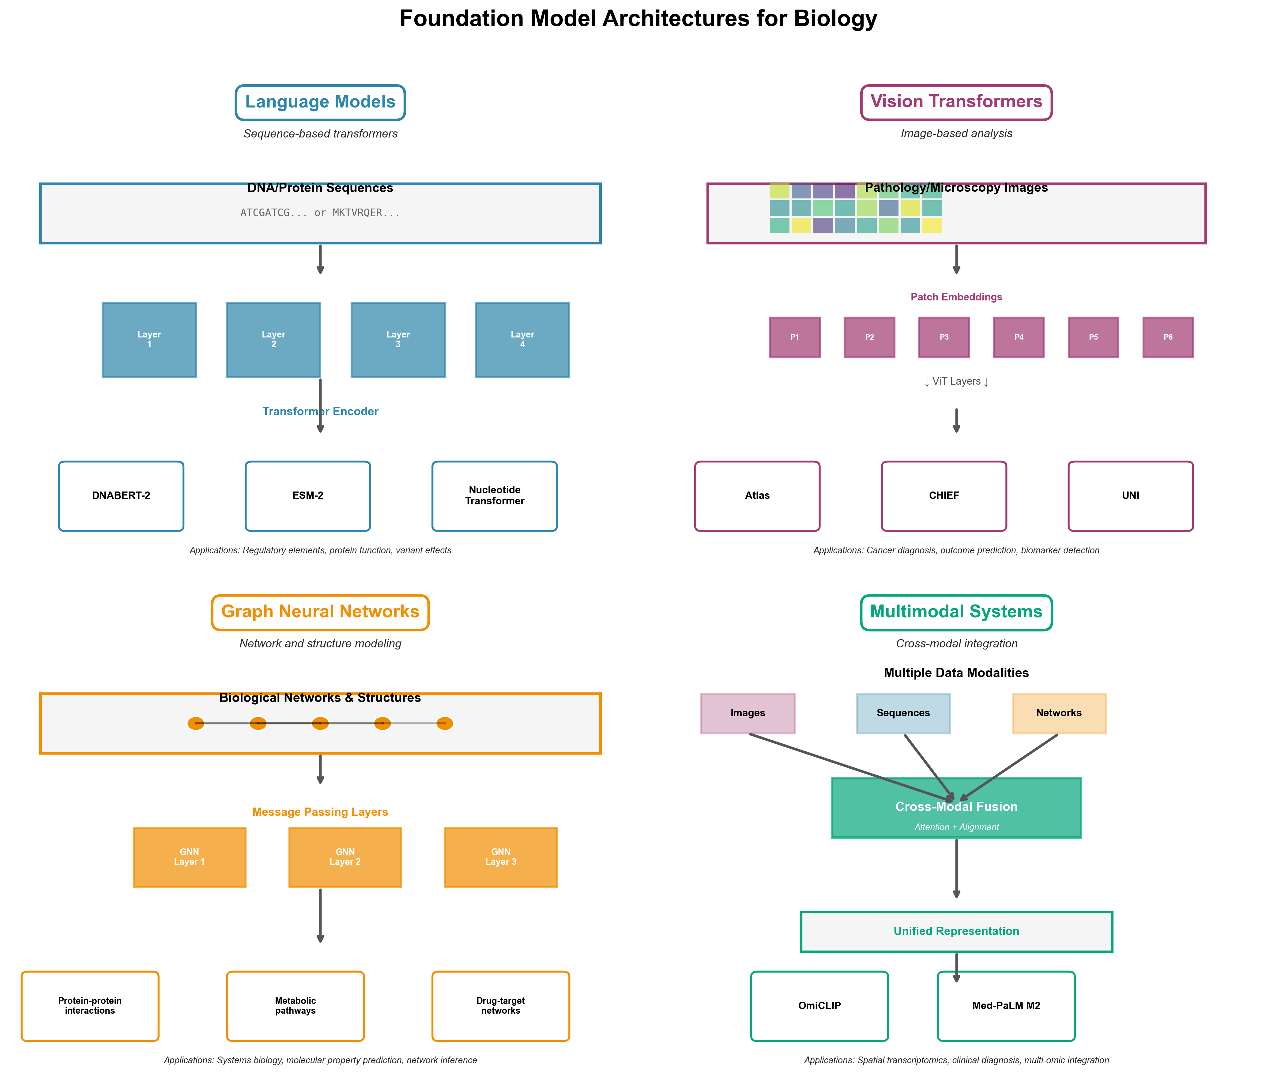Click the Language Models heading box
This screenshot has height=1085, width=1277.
click(x=320, y=102)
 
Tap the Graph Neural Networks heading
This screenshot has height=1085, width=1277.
click(x=320, y=612)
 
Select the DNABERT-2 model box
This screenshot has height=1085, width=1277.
click(x=121, y=496)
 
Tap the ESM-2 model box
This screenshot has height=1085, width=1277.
click(x=307, y=496)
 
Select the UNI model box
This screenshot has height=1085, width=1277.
click(x=1130, y=496)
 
